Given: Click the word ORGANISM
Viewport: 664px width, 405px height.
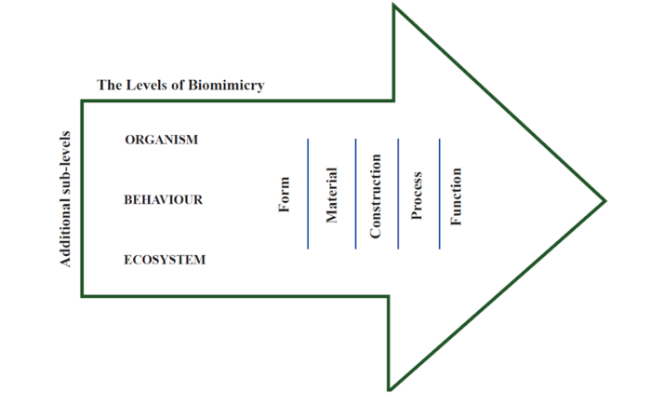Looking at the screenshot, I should [x=161, y=140].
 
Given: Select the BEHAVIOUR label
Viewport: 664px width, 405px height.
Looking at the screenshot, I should [x=163, y=199].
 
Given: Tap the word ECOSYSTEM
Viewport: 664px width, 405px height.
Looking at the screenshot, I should [x=165, y=260].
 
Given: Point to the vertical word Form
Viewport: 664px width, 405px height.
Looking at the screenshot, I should [x=285, y=195].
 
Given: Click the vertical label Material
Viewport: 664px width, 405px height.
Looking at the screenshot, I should [x=331, y=195].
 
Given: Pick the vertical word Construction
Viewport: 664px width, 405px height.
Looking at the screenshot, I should [x=376, y=195].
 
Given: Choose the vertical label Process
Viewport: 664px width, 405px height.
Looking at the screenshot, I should [x=417, y=195].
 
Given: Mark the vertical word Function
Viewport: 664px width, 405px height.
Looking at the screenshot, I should [x=456, y=195].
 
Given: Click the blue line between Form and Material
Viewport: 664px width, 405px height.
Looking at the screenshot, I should [x=308, y=195].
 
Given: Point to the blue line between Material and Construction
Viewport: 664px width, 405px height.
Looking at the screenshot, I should [x=355, y=195].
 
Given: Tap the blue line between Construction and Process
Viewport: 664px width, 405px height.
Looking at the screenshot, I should [x=398, y=195].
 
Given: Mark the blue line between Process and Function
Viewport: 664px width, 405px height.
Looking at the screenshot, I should [x=440, y=195].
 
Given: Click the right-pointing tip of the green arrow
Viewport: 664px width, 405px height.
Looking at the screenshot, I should [x=605, y=200].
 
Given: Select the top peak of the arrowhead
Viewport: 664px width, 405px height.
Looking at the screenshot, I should [x=394, y=7].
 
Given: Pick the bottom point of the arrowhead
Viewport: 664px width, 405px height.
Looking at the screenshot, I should [x=389, y=389].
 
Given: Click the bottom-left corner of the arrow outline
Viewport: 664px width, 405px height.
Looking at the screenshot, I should [x=82, y=296].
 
